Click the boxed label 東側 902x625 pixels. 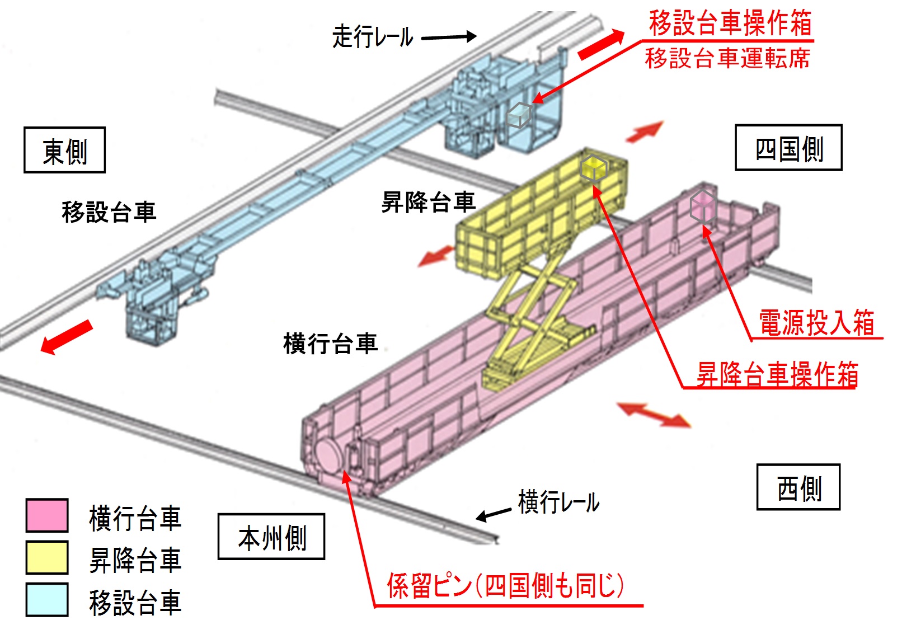click(x=64, y=151)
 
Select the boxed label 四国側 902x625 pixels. click(x=788, y=148)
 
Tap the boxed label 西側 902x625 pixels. click(x=798, y=487)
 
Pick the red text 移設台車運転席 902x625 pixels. click(x=727, y=58)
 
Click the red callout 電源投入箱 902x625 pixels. click(x=816, y=323)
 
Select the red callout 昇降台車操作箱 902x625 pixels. click(x=777, y=374)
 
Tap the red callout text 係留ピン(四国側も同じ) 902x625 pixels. click(x=505, y=586)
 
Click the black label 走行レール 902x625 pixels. click(x=373, y=37)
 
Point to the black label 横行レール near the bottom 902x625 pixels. click(x=558, y=501)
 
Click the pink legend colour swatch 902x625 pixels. click(x=47, y=515)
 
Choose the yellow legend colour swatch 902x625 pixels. click(x=47, y=557)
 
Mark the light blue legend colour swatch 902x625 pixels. click(x=47, y=599)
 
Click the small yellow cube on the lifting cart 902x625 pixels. click(x=593, y=167)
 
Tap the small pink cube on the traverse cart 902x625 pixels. click(x=702, y=206)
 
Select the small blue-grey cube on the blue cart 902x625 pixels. click(x=518, y=115)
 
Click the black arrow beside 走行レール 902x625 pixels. click(x=448, y=37)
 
